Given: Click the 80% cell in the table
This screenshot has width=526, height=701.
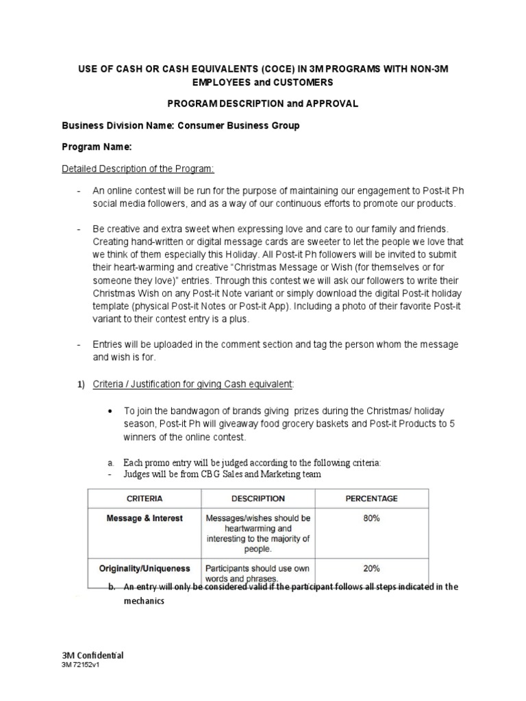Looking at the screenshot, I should tap(372, 518).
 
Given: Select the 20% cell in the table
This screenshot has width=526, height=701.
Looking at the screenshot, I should tap(372, 568).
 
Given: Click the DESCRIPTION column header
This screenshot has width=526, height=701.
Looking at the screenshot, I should tap(258, 498).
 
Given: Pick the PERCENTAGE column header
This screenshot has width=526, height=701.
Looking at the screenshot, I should tap(372, 498).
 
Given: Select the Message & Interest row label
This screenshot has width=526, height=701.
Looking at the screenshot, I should tap(145, 518).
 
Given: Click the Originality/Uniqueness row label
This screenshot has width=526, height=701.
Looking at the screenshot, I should tap(144, 568).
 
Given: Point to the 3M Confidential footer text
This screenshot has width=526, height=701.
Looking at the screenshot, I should tap(92, 654).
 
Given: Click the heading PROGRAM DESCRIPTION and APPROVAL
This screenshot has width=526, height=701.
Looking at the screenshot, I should tap(262, 103).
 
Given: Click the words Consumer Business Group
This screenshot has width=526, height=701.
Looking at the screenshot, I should tap(239, 126).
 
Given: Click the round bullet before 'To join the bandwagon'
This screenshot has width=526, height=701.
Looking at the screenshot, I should tap(111, 411).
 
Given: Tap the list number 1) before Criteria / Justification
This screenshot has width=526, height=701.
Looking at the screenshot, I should tap(79, 385).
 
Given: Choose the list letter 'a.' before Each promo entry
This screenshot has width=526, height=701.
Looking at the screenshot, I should tap(111, 463).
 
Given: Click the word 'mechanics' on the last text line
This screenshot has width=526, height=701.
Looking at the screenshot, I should tap(145, 602).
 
